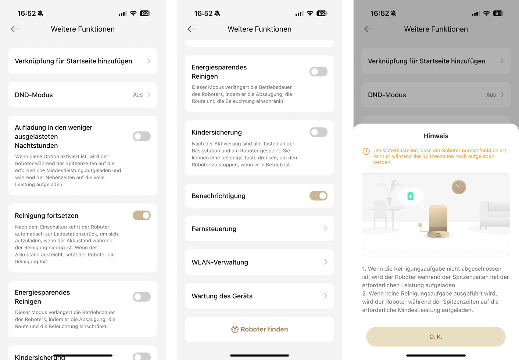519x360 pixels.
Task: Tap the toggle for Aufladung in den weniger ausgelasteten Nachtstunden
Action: coord(142,136)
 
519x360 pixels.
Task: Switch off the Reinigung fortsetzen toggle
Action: coord(142,216)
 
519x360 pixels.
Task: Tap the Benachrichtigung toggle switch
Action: coord(318,196)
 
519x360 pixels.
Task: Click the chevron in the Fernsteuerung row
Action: coord(326,229)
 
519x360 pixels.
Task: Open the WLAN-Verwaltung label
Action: coord(220,262)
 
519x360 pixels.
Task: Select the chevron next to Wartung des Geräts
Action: coord(326,296)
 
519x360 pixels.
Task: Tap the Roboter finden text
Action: coord(264,329)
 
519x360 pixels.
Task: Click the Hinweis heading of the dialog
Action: coord(436,136)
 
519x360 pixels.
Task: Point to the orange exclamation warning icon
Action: coord(366,151)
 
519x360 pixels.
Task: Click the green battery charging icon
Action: coord(410,196)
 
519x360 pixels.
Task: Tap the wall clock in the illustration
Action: coord(458,187)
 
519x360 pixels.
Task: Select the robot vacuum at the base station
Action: coord(438,234)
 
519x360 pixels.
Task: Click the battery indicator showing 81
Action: coord(498,14)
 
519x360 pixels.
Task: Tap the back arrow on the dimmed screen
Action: coord(368,29)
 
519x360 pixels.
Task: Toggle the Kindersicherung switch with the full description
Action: coord(318,132)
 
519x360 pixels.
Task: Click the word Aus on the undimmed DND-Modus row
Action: coord(137,95)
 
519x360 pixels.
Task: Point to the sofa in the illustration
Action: coord(494,215)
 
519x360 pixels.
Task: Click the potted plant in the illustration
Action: coord(390,192)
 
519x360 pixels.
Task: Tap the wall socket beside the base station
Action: coord(420,224)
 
